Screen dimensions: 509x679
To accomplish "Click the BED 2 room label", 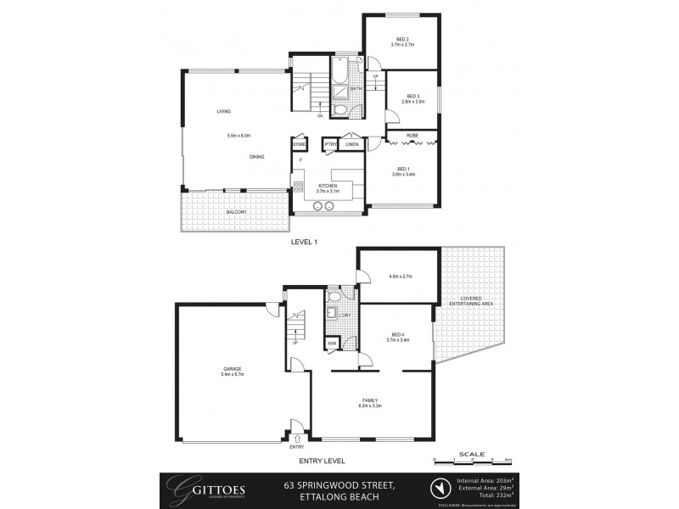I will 401,39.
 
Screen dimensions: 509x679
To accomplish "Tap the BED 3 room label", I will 413,96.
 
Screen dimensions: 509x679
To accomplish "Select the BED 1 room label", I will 403,169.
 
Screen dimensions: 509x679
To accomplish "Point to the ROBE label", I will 412,135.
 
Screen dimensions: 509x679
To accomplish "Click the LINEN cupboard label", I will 351,145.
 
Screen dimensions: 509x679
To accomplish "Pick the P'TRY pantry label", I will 330,145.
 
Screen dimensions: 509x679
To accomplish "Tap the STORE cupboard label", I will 299,145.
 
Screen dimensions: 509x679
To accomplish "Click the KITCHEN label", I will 328,186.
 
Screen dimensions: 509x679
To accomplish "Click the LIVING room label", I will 224,111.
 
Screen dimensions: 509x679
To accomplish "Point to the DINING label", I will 256,157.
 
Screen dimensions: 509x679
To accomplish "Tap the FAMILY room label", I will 369,400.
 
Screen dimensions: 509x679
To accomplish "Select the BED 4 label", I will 398,334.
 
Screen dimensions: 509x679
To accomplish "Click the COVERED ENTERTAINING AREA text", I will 477,302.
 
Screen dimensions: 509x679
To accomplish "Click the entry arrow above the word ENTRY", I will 296,437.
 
